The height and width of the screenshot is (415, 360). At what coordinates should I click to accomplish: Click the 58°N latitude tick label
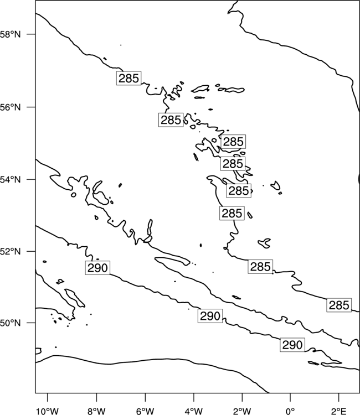tap(10, 34)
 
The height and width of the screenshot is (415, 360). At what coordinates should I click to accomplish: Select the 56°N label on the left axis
tap(10, 107)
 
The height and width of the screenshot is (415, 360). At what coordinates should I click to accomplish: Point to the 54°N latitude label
tap(10, 179)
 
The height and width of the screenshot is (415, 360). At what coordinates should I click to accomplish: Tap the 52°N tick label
tap(10, 251)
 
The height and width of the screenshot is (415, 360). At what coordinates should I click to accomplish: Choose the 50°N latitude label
tap(10, 323)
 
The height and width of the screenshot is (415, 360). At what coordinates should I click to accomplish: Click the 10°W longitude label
tap(48, 411)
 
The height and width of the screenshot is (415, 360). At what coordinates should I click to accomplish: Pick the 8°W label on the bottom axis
tap(96, 411)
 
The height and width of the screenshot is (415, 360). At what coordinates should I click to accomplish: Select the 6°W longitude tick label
tap(145, 411)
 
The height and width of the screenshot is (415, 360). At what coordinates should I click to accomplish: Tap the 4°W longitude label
tap(194, 411)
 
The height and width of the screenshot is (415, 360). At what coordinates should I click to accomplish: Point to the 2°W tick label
tap(242, 411)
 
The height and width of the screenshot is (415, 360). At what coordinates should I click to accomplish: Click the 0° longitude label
tap(290, 411)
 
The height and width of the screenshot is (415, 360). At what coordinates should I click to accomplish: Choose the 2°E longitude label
tap(339, 411)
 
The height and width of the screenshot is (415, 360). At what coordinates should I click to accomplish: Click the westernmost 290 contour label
tap(97, 268)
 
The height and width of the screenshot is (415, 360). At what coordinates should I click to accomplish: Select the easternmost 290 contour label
tap(292, 345)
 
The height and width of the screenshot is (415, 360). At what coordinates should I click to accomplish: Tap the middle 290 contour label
tap(210, 316)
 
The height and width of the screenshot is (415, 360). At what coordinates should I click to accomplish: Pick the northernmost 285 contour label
tap(128, 78)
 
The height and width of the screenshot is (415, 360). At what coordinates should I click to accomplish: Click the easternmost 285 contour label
tap(339, 305)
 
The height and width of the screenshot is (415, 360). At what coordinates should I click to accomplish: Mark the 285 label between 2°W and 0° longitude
tap(260, 267)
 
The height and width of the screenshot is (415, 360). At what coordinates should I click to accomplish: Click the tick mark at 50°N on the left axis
tap(30, 323)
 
